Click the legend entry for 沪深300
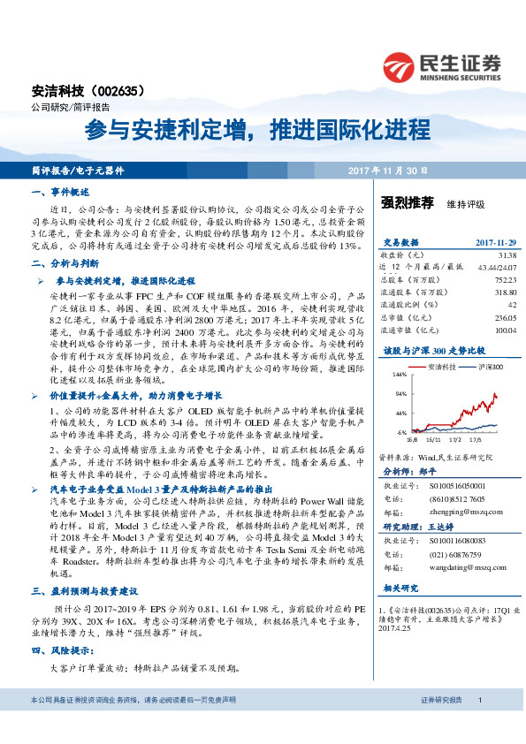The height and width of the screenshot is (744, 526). coord(491,365)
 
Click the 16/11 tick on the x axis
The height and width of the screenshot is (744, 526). coord(431,437)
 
